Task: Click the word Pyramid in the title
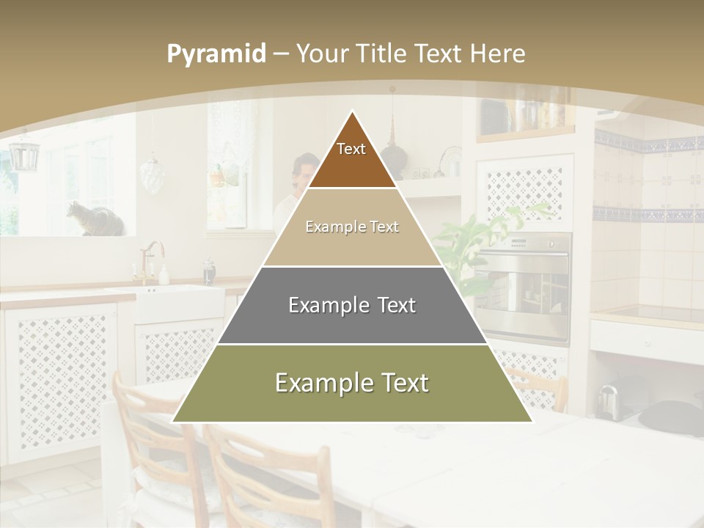(216, 54)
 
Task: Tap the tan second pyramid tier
(352, 227)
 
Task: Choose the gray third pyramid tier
(352, 305)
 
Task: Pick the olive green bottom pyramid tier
(352, 383)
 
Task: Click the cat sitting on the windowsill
(94, 219)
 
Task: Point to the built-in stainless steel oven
(522, 286)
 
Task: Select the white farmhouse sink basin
(180, 302)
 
